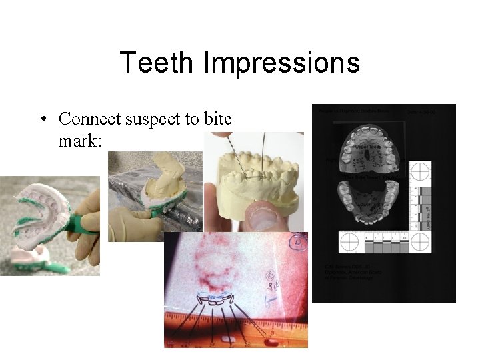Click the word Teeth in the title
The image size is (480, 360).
pos(158,63)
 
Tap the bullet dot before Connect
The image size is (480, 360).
pos(42,120)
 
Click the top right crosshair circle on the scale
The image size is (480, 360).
pos(421,171)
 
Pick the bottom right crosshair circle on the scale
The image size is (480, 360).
pos(421,241)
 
